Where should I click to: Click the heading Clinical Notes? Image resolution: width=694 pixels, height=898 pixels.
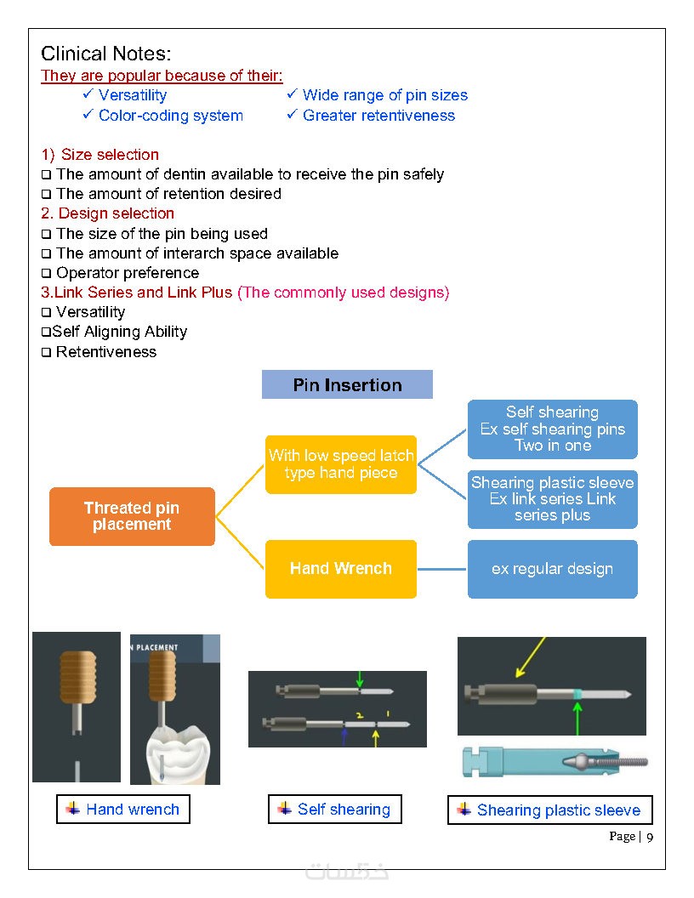pos(106,54)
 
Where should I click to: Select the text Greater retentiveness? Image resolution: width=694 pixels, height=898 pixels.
pos(378,116)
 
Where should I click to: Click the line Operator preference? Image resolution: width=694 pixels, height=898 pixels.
pos(127,273)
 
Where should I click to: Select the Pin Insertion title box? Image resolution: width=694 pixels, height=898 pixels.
pos(347,384)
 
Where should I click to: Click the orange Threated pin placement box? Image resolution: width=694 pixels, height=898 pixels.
pos(132,516)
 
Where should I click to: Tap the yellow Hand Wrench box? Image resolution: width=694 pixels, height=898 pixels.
pos(340,568)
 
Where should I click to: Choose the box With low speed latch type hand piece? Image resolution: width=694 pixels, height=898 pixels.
pos(340,464)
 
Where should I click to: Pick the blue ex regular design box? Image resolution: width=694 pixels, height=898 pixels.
pos(552,569)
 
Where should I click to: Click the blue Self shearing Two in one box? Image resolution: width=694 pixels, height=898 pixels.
pos(552,429)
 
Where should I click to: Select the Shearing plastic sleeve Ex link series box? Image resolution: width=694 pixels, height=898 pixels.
pos(552,499)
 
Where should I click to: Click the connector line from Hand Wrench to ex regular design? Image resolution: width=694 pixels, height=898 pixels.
pos(442,569)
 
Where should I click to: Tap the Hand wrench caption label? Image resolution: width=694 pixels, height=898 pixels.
pos(123,810)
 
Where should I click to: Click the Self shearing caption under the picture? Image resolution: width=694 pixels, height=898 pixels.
pos(335,810)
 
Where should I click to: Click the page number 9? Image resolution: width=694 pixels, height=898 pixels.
pos(650,838)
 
